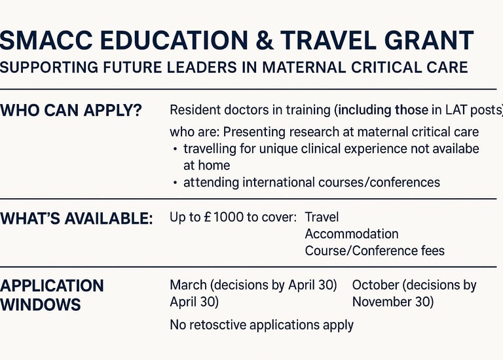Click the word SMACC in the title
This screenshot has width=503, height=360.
tap(46, 41)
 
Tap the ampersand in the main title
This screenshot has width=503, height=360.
tap(265, 41)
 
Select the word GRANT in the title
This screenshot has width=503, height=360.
tap(429, 41)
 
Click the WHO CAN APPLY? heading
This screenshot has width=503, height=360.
tap(71, 111)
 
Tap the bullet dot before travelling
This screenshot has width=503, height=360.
tap(175, 149)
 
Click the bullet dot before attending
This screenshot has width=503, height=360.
tap(175, 183)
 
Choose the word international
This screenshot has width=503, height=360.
tap(278, 183)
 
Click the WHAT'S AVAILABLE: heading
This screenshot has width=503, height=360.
tap(77, 219)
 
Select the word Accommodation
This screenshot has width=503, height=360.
tap(352, 234)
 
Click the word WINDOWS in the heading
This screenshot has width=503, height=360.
tap(40, 304)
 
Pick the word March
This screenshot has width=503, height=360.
tap(189, 285)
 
